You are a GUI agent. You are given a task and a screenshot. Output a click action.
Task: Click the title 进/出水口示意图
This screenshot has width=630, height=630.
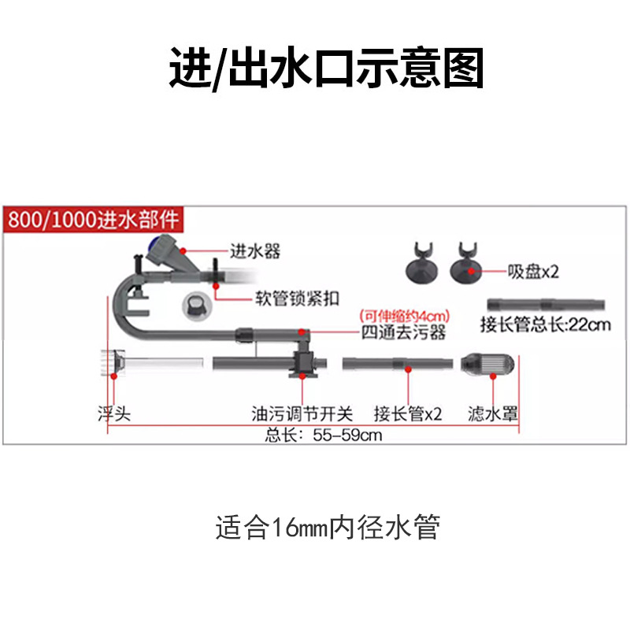point(326,69)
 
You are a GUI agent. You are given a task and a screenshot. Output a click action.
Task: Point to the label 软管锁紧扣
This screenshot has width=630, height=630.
point(297,298)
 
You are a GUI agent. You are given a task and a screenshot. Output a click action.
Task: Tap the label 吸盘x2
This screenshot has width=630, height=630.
point(532,272)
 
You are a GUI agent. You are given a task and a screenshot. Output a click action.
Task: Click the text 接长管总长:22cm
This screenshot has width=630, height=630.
point(545,324)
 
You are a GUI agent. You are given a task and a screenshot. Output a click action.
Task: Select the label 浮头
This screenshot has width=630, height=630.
point(113,413)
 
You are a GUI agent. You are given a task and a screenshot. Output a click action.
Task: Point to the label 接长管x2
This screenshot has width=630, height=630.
point(408,413)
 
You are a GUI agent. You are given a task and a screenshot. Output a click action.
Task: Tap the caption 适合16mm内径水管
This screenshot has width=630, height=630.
point(326,527)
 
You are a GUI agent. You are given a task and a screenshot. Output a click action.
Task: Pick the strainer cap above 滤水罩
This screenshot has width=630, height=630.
point(488,364)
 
